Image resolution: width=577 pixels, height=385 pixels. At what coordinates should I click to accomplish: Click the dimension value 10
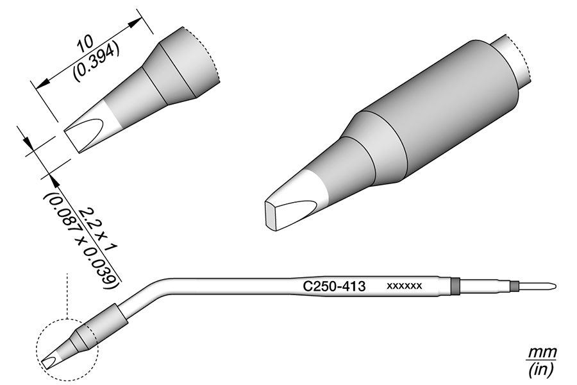85,44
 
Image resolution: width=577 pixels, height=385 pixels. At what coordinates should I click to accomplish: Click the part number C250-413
334,286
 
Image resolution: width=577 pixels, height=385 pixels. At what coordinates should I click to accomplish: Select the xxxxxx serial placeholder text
404,286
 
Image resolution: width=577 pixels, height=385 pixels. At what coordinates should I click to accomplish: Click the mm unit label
542,352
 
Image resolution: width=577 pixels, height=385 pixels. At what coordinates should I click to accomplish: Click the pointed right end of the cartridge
555,286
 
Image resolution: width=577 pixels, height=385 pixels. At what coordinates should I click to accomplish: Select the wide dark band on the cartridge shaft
456,286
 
